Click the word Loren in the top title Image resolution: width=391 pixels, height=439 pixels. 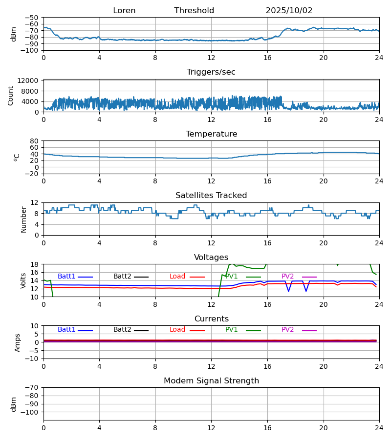124,11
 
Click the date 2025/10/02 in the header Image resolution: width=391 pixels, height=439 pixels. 289,11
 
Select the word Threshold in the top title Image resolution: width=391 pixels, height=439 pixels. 194,11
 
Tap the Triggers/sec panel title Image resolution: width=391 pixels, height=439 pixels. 211,72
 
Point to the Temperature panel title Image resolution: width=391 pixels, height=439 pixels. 211,134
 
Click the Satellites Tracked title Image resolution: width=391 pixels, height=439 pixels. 211,196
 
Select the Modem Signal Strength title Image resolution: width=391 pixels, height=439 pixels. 211,381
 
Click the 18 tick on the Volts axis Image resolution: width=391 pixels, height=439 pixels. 35,264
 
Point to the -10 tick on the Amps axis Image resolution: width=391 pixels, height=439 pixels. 33,359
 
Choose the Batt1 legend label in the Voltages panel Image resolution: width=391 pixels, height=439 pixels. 66,277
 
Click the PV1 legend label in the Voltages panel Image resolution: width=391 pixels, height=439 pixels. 232,277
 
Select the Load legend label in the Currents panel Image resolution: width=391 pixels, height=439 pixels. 177,330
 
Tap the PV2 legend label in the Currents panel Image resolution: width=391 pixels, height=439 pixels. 288,330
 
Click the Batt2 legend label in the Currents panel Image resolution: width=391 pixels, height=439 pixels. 122,330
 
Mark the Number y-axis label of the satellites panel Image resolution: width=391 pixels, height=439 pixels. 24,219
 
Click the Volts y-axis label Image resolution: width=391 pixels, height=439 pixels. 24,280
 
